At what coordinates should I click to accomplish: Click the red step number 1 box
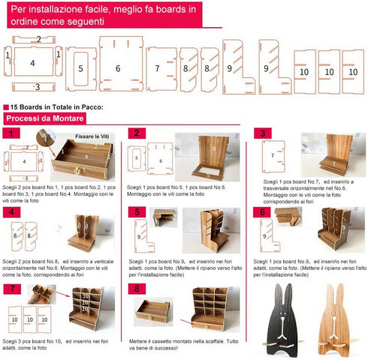pyautogui.click(x=11, y=133)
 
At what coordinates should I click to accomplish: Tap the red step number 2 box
pyautogui.click(x=136, y=133)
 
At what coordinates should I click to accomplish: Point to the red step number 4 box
pyautogui.click(x=11, y=212)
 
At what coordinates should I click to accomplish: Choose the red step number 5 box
pyautogui.click(x=136, y=212)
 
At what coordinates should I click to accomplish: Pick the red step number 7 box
pyautogui.click(x=11, y=289)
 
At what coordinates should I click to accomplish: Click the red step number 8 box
pyautogui.click(x=136, y=289)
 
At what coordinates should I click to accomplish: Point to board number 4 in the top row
pyautogui.click(x=34, y=64)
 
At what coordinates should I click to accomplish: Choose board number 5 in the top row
pyautogui.click(x=80, y=67)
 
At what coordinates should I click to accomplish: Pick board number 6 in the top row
pyautogui.click(x=118, y=67)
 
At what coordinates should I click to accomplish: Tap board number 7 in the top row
pyautogui.click(x=158, y=67)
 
